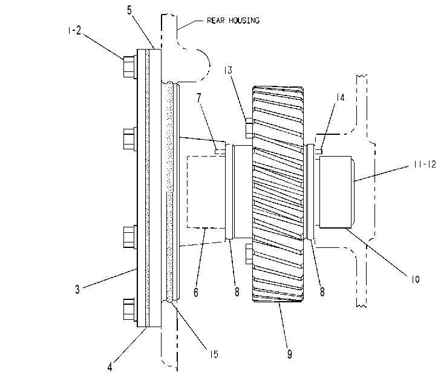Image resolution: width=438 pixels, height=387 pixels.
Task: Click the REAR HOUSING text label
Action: coord(233,21)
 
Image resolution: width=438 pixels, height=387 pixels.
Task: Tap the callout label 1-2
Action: coord(74,30)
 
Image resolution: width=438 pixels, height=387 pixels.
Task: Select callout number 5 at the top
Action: coord(129,10)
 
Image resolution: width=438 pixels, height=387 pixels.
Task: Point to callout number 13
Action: coord(228,70)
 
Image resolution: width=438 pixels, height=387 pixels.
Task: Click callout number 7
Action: coord(199,98)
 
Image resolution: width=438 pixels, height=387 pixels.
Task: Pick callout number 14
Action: coord(340,98)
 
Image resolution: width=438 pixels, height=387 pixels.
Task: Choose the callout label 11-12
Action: coord(425,164)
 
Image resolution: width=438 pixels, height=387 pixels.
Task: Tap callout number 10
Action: coord(415,279)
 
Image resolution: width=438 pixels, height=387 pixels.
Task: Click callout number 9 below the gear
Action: coord(290,354)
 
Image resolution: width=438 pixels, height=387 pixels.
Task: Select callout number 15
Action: coord(214,354)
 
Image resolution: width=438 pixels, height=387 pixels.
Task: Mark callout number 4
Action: coord(109,367)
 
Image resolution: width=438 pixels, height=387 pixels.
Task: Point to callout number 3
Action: coord(77,289)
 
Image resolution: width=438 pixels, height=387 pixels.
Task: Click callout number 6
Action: coord(196,292)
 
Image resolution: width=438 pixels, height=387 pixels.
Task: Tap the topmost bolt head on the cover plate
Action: coord(130,67)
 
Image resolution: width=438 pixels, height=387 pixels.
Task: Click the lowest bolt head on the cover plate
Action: coord(130,310)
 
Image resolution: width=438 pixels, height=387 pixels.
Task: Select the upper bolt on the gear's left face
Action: coord(249,128)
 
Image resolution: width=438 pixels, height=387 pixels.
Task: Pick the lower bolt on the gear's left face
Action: coord(249,253)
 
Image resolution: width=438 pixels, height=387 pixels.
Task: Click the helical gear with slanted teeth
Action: coord(278,194)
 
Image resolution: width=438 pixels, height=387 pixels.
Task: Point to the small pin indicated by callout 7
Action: coord(220,152)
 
